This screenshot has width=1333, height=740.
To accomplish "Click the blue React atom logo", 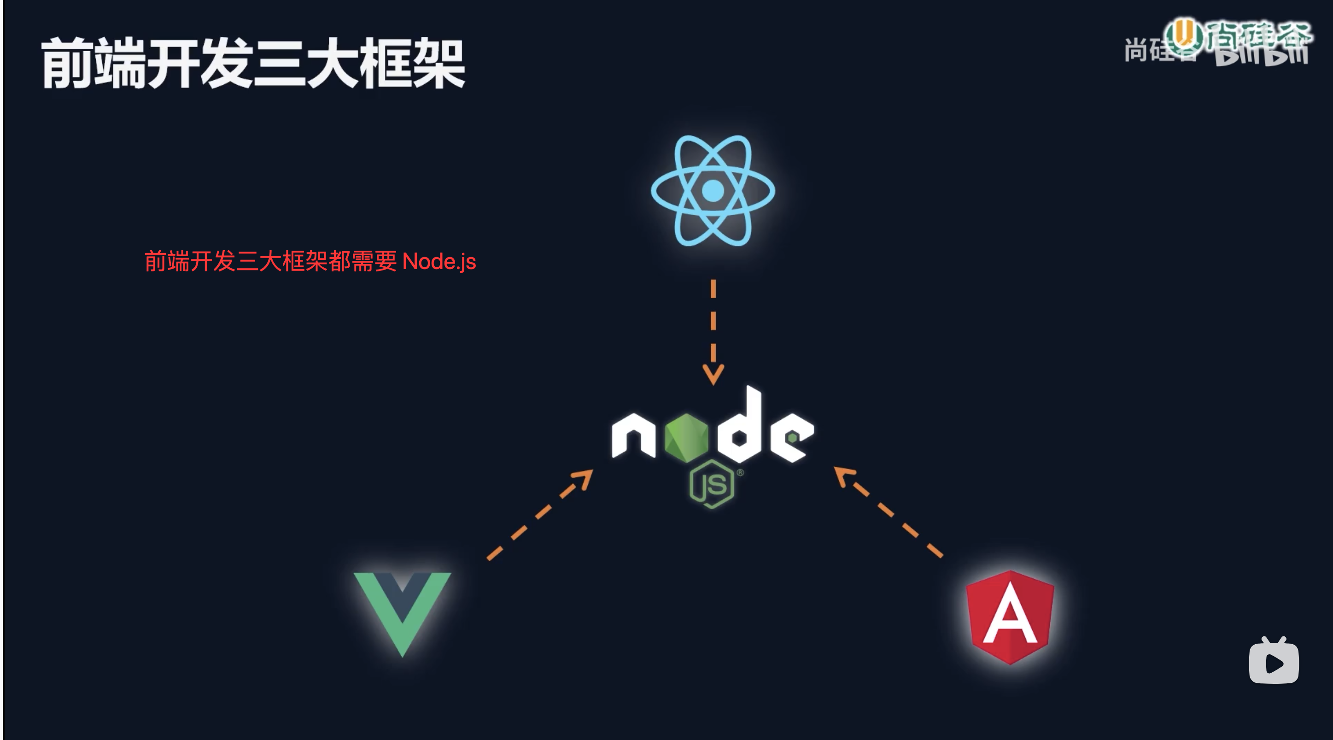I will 713,190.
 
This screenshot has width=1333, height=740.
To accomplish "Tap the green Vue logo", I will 402,611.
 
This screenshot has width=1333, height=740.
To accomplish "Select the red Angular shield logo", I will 1010,617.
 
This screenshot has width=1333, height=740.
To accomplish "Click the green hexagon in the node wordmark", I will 686,438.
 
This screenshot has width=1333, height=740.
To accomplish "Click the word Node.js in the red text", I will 439,261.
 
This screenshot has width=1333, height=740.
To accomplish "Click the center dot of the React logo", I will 713,190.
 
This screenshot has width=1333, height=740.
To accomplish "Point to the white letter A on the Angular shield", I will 1010,619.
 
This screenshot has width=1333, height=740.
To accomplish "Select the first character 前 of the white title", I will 67,63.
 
